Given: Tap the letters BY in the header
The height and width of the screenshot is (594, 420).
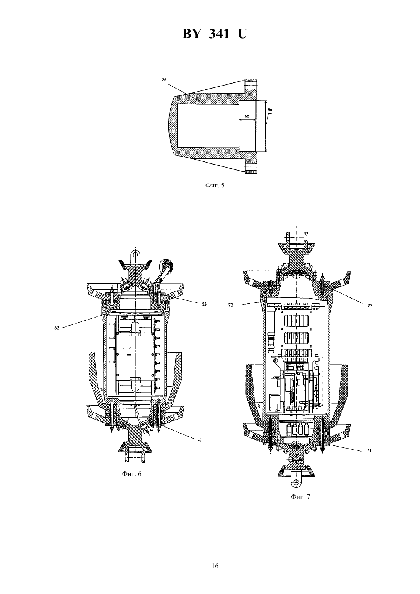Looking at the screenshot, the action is click(x=191, y=34).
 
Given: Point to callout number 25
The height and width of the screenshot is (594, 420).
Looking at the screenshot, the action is click(x=164, y=79).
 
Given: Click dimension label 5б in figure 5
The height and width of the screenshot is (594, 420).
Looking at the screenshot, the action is click(x=247, y=116).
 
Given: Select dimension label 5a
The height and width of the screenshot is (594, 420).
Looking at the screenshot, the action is click(x=270, y=109).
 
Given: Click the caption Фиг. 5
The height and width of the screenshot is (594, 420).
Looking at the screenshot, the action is click(x=215, y=186).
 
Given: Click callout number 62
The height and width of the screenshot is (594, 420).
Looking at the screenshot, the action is click(x=57, y=328).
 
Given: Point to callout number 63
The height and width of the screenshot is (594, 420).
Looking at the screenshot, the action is click(x=204, y=304).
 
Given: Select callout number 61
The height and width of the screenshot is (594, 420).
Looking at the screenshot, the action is click(x=200, y=441).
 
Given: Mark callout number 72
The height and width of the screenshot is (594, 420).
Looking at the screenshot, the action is click(x=230, y=305).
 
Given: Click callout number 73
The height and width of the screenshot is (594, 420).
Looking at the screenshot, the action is click(x=370, y=306).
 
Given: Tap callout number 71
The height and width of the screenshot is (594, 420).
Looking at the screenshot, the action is click(x=369, y=450).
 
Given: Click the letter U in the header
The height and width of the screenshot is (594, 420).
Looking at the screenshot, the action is click(x=242, y=34).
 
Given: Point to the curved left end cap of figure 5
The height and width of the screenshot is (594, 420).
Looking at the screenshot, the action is click(x=171, y=126).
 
